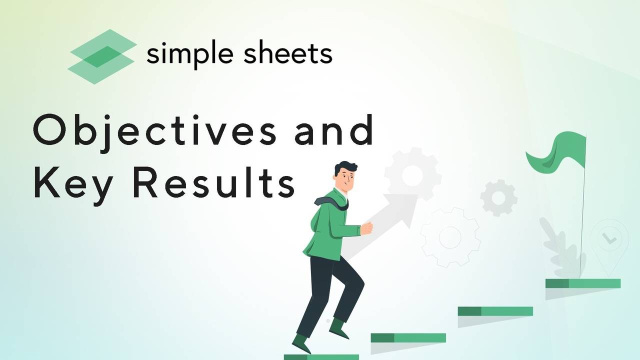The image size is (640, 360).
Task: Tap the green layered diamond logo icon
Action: point(102,56)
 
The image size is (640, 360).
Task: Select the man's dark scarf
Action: point(333,201)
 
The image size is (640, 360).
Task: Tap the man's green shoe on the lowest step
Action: point(301,344)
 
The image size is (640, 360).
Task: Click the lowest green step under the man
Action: point(321,357)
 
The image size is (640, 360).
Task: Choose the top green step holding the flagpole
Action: point(582,283)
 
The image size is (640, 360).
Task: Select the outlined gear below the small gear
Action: point(449,237)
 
